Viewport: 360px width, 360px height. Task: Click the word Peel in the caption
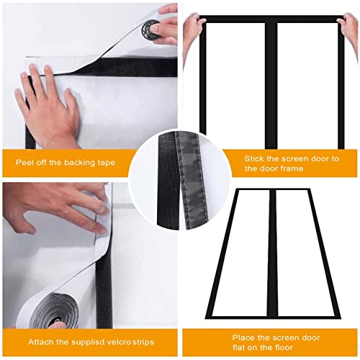[26, 162]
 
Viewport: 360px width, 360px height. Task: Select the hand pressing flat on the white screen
[50, 97]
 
